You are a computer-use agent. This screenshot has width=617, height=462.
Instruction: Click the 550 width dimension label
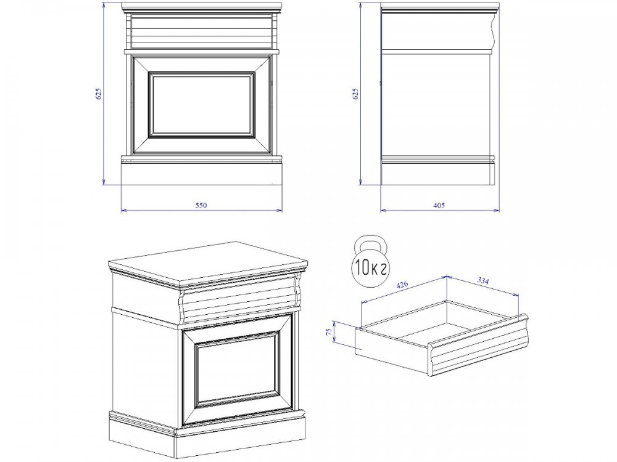[x=201, y=205]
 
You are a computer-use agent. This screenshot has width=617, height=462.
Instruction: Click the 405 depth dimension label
[x=439, y=205]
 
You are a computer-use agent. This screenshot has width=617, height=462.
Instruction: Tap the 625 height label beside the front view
[x=99, y=94]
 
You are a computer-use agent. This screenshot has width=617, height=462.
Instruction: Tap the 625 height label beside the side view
[x=356, y=94]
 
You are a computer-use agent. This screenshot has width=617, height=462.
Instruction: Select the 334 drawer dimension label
[x=483, y=280]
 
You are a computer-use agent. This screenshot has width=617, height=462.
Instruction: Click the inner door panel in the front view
[x=202, y=105]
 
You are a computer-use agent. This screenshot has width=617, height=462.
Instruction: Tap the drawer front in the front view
[x=201, y=29]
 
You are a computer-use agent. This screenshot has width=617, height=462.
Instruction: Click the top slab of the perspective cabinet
[x=208, y=262]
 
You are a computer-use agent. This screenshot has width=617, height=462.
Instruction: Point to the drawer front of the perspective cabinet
[x=240, y=299]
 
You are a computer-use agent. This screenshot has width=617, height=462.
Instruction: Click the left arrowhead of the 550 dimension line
[x=123, y=211]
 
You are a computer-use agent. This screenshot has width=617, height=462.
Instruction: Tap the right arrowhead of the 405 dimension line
[x=497, y=211]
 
